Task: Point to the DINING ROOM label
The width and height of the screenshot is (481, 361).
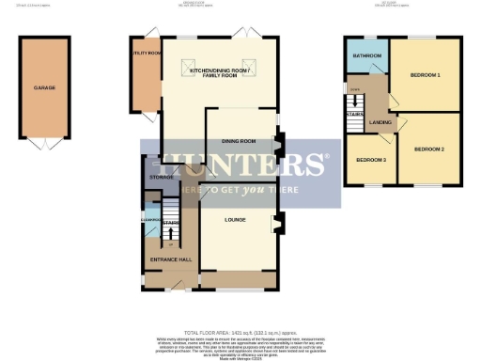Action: click(239, 141)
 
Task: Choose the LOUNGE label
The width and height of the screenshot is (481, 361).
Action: click(235, 219)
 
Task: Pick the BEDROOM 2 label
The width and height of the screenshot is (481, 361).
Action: click(428, 149)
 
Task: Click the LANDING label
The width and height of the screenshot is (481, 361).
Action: click(380, 122)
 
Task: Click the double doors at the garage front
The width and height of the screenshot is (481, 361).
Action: click(43, 143)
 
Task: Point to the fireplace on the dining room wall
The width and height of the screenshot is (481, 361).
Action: click(277, 146)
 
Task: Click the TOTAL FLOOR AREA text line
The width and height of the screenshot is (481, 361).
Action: click(240, 334)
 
